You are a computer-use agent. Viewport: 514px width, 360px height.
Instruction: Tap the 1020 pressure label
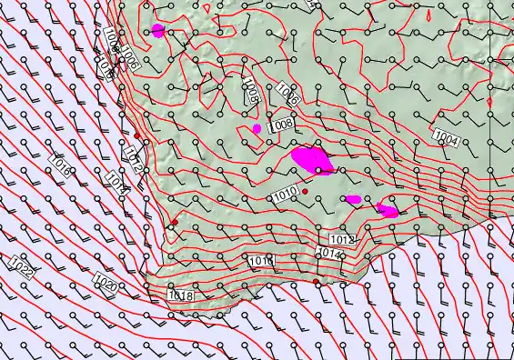point(105,285)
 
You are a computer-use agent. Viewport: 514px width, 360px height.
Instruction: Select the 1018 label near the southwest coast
point(181,295)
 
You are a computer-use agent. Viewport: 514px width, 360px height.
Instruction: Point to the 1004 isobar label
point(446,138)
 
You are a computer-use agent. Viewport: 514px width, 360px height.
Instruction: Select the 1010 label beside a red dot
point(285,193)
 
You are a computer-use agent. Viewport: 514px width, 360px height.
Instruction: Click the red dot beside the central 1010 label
point(306,192)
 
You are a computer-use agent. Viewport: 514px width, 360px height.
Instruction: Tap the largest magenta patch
point(312,159)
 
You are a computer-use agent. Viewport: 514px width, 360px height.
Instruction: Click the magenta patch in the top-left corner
point(158,30)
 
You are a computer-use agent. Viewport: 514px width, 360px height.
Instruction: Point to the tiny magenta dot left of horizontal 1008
point(257,128)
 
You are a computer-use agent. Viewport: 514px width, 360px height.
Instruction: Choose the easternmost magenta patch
point(387,211)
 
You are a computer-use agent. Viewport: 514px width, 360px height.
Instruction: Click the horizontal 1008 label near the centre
point(281,123)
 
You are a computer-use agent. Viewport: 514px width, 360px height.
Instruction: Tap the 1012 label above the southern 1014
point(342,239)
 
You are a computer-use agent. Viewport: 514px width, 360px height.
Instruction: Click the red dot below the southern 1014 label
point(316,282)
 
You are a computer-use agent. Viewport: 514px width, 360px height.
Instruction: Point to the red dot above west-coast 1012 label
point(137,136)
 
